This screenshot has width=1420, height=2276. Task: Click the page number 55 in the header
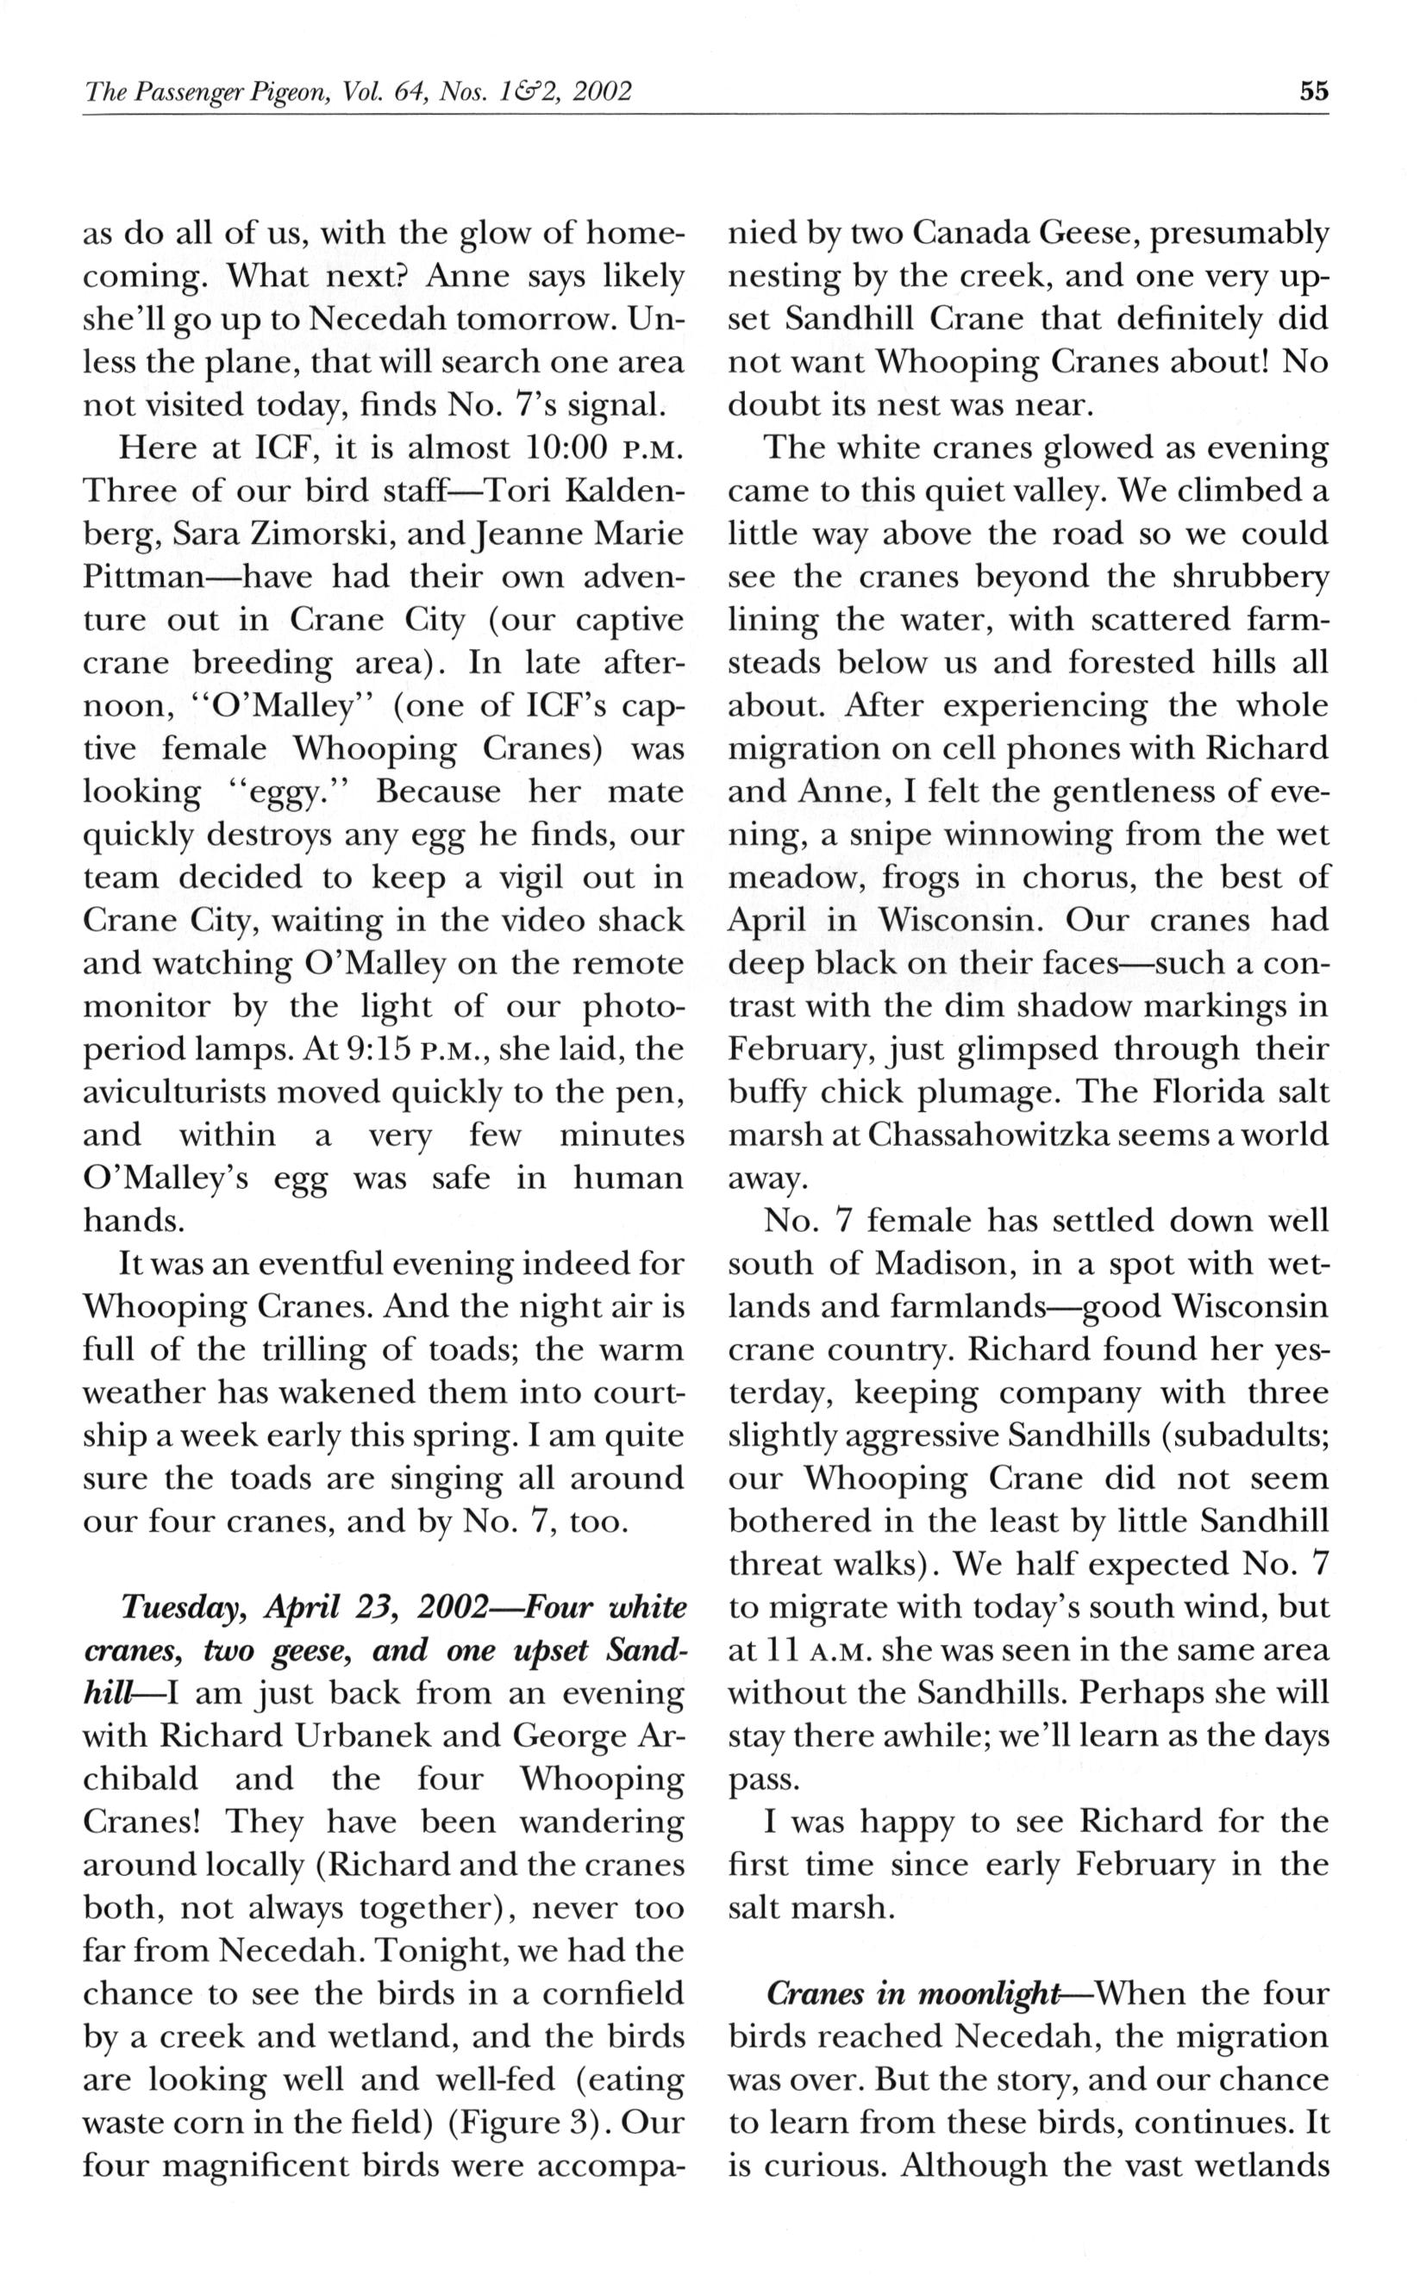pyautogui.click(x=1314, y=91)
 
